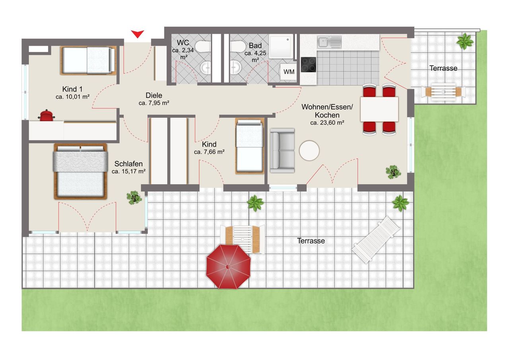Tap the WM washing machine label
pyautogui.click(x=289, y=72)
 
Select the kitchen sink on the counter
pyautogui.click(x=329, y=42)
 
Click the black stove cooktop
pyautogui.click(x=308, y=64)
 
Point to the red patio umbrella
pyautogui.click(x=228, y=267)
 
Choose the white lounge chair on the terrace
pyautogui.click(x=376, y=240)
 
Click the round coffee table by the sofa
pyautogui.click(x=309, y=150)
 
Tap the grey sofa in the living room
pyautogui.click(x=282, y=150)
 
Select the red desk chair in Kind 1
pyautogui.click(x=47, y=115)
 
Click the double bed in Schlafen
pyautogui.click(x=80, y=171)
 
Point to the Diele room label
pyautogui.click(x=154, y=95)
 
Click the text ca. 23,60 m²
pyautogui.click(x=327, y=123)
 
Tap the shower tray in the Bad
pyautogui.click(x=281, y=47)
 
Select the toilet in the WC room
pyautogui.click(x=202, y=47)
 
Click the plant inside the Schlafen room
pyautogui.click(x=134, y=197)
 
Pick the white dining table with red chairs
pyautogui.click(x=379, y=109)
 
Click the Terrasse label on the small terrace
pyautogui.click(x=443, y=68)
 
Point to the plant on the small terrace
pyautogui.click(x=465, y=41)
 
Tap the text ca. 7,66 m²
pyautogui.click(x=209, y=152)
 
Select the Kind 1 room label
pyautogui.click(x=72, y=89)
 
